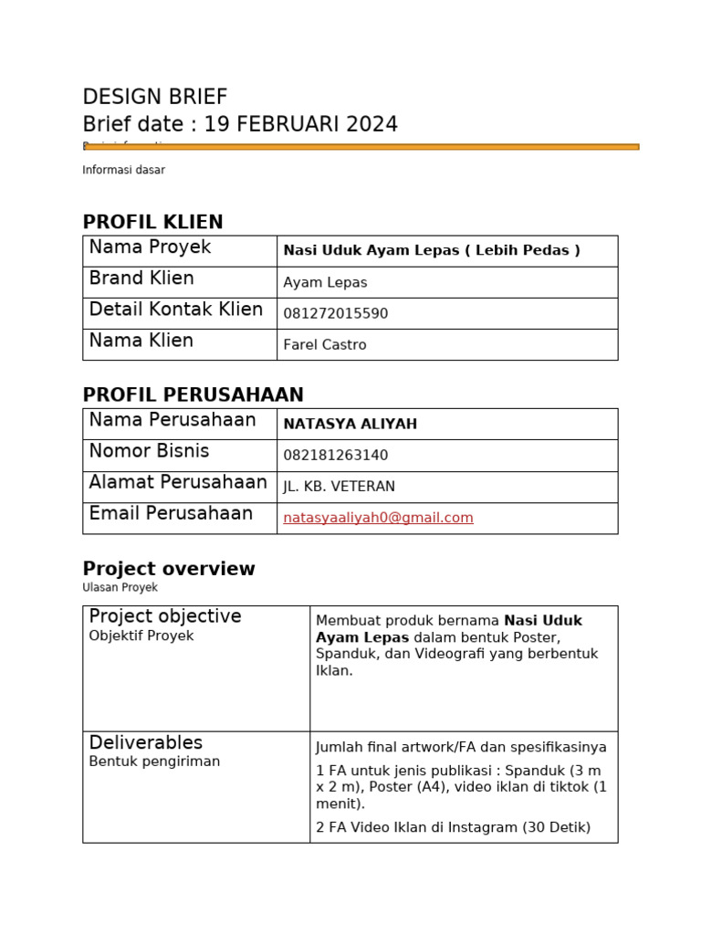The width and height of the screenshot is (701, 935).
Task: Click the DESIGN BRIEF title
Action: coord(154,98)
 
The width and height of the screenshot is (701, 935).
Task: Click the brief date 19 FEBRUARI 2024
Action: coord(300,125)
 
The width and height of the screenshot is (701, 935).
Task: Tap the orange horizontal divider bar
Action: coord(361,146)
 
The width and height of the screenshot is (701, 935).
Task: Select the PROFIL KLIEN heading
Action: coord(152,223)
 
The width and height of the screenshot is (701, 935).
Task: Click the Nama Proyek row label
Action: coord(150,247)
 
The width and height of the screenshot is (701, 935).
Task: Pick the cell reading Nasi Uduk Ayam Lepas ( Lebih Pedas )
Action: coord(432,250)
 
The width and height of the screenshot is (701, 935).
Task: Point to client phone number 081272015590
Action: coord(335,314)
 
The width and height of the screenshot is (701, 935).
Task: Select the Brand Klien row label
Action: coord(141,278)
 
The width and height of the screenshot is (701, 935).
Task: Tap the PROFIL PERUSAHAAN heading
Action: coord(193,395)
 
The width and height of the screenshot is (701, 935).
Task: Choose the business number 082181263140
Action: coord(335,456)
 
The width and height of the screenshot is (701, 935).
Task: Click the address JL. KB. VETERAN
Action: coord(339,487)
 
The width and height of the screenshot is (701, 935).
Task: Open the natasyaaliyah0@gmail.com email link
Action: coord(378,518)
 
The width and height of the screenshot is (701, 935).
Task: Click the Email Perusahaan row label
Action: coord(171,514)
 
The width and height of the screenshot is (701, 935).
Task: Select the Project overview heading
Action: coord(169,569)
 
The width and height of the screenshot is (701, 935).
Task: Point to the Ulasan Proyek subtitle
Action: coord(120,588)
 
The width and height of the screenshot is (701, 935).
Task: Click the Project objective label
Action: coord(165,616)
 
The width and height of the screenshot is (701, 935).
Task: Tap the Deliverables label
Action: coord(145,743)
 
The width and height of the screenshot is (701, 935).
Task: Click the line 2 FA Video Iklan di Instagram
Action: coord(453,827)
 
